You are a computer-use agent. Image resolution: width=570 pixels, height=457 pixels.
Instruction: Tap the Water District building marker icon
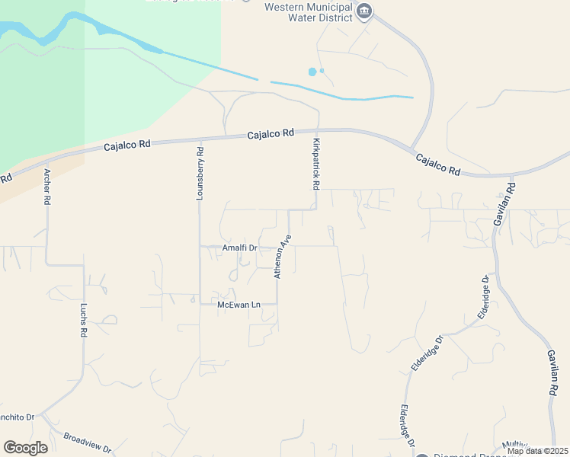364,11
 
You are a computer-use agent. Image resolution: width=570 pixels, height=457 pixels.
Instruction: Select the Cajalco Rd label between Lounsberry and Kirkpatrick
271,134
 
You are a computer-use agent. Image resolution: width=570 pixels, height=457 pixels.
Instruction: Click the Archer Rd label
47,187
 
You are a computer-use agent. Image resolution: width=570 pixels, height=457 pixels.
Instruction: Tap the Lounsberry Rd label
200,173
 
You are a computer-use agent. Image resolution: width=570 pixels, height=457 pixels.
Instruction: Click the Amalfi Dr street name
240,248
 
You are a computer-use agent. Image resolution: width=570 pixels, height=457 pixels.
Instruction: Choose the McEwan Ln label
239,305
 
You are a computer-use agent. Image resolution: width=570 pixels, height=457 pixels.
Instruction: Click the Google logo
25,448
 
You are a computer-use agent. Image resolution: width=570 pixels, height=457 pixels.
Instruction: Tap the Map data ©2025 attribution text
537,452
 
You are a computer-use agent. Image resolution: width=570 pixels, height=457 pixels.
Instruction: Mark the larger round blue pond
312,72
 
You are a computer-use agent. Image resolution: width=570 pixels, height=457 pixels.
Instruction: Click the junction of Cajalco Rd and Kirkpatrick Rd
318,129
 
